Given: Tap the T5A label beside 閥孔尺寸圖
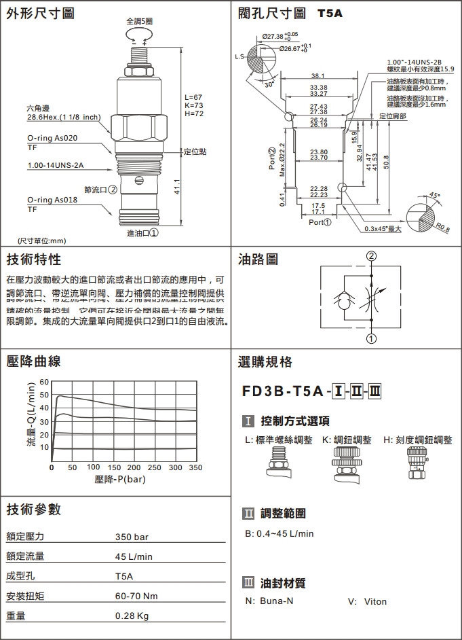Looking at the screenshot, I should click(331, 14).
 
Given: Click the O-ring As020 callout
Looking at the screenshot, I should click(52, 138).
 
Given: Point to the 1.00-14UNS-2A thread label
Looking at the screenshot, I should click(56, 165).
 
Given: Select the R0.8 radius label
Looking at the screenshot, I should click(443, 228).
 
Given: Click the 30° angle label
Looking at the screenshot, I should click(269, 85).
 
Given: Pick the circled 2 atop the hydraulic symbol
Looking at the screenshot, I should click(371, 257).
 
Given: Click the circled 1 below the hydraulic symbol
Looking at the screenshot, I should click(371, 338).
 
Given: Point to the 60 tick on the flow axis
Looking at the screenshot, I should click(45, 382).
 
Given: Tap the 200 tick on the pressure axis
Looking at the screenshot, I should click(134, 467).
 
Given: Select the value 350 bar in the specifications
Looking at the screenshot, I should click(132, 537).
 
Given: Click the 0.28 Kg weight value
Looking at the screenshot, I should click(132, 616).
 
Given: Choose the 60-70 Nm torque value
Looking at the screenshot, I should click(136, 597).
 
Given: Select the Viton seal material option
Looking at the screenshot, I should click(375, 601).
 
